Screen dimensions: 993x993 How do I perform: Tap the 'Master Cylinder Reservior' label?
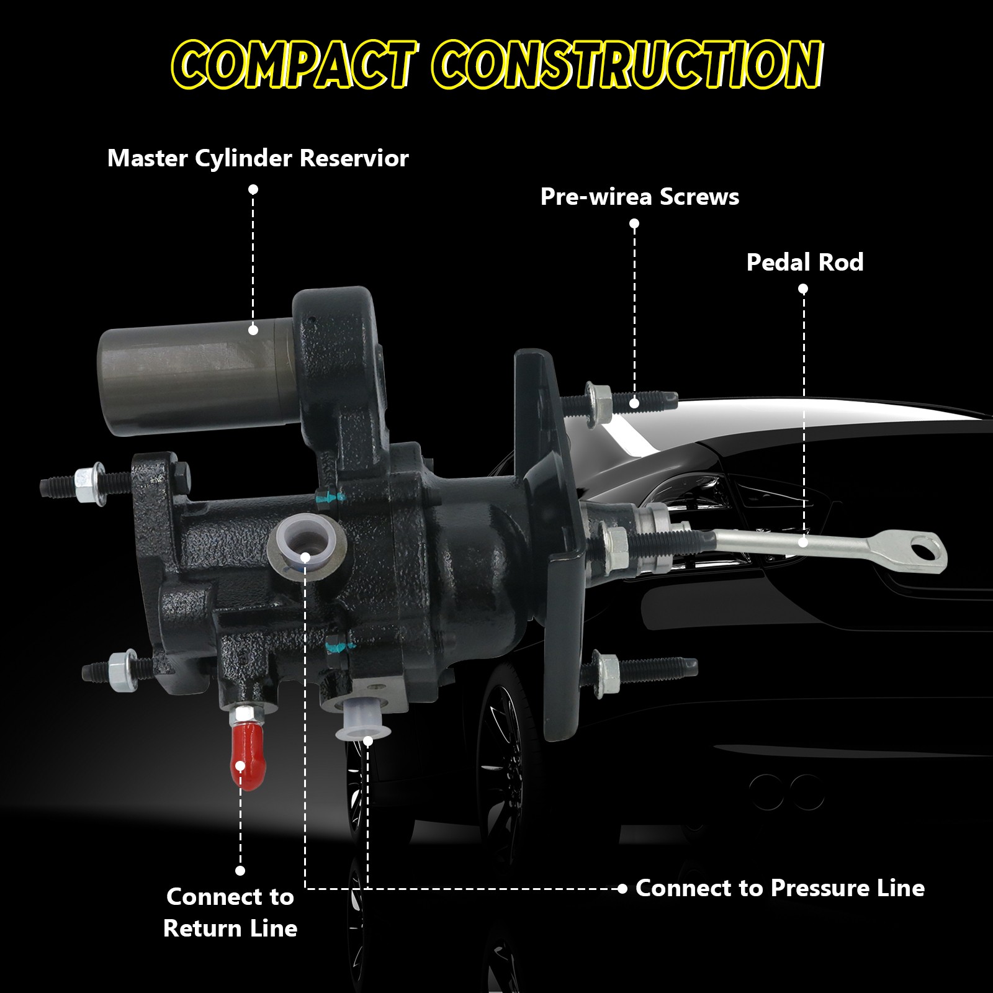258,159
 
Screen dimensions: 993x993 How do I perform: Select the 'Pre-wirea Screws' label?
640,197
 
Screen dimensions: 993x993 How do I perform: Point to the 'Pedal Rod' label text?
805,262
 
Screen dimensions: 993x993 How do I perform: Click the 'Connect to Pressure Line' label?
780,888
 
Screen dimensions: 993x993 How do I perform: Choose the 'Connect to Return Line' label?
230,912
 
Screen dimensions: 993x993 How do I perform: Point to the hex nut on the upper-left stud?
85,479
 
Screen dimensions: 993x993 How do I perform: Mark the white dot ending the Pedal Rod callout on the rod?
803,542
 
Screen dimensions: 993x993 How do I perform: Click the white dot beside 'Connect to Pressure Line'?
622,889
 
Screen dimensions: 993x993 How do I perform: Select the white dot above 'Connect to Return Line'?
240,871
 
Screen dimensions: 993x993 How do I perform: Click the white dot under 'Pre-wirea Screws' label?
634,223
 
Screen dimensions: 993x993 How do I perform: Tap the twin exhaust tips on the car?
786,791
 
